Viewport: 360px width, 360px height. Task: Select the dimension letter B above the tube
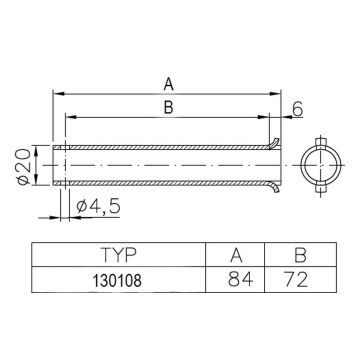167,107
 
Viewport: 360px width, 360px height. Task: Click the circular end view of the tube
325,163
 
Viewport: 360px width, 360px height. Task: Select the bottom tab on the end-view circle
325,188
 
